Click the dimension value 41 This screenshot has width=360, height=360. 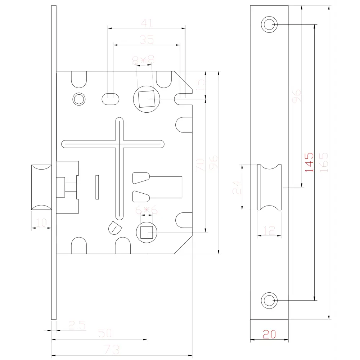click(147, 23)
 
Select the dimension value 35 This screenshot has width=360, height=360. click(147, 40)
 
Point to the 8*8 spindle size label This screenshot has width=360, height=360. click(144, 60)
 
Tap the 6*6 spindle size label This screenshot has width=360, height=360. click(146, 210)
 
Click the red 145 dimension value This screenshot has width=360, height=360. click(309, 162)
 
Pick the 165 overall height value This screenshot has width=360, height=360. click(324, 162)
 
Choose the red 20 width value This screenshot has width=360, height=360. click(269, 334)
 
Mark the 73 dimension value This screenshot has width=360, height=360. click(112, 350)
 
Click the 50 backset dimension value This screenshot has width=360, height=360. click(105, 333)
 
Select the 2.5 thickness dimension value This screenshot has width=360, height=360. click(77, 325)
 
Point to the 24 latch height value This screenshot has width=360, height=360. click(237, 187)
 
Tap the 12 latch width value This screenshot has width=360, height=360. click(269, 230)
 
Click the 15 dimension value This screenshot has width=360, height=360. click(200, 85)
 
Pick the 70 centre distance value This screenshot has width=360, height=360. click(200, 165)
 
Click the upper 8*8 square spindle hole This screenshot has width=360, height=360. click(147, 99)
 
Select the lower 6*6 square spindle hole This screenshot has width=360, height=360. click(147, 232)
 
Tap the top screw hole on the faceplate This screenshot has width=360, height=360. click(269, 24)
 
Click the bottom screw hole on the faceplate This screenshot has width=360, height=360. click(269, 300)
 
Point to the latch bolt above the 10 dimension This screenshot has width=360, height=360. click(41, 187)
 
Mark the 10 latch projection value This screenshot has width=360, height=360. click(41, 223)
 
